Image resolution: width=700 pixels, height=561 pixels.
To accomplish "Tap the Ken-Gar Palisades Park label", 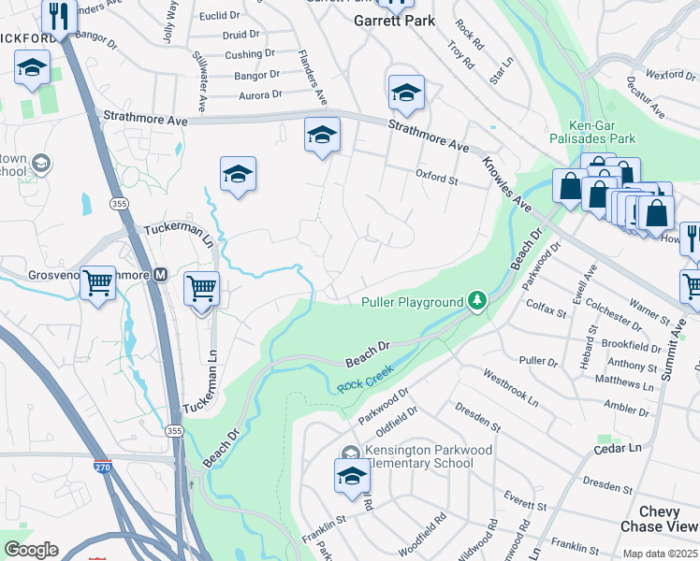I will [602, 131].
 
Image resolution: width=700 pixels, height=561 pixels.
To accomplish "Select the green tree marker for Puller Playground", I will [477, 300].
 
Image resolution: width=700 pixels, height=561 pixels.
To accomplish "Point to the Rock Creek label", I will [362, 383].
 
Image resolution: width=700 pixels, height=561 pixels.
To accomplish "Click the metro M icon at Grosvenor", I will [160, 275].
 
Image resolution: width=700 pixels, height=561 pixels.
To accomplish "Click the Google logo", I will [31, 550].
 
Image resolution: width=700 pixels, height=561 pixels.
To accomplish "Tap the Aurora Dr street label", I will [260, 94].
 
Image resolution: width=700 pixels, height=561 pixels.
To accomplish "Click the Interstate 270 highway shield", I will [102, 466].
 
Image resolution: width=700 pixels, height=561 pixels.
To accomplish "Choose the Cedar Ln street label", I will [621, 448].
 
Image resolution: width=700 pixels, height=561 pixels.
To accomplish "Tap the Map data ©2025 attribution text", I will [660, 554].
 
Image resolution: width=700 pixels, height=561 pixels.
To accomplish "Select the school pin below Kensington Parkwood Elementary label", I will [352, 477].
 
